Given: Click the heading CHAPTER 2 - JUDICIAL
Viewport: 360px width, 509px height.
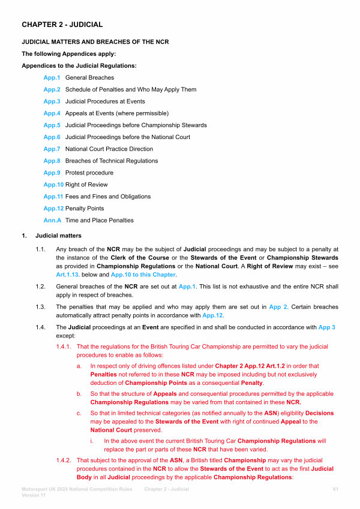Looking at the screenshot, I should point(62,25).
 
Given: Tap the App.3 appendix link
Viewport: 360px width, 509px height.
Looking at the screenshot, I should point(52,101).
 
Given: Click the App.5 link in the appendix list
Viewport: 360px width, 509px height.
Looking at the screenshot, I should point(52,125).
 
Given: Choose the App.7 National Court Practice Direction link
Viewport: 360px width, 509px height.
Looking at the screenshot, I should point(52,149).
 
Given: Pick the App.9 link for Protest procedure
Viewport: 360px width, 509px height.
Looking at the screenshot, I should point(52,173).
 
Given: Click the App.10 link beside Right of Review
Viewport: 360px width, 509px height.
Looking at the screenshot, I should point(53,185).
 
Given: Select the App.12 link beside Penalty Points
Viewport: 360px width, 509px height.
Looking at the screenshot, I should point(53,209).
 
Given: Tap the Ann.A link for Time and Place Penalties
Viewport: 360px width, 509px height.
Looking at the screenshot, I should point(52,220).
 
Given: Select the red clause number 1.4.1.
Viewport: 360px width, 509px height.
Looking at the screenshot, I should point(64,347).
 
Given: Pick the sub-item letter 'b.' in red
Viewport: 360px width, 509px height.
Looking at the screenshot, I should point(79,393).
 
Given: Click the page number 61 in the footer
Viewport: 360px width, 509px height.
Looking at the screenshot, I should point(335,490).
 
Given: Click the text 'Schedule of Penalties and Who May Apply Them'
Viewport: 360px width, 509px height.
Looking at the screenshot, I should point(131,90).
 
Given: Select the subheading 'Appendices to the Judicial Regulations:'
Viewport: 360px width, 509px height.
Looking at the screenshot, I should point(79,65).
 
